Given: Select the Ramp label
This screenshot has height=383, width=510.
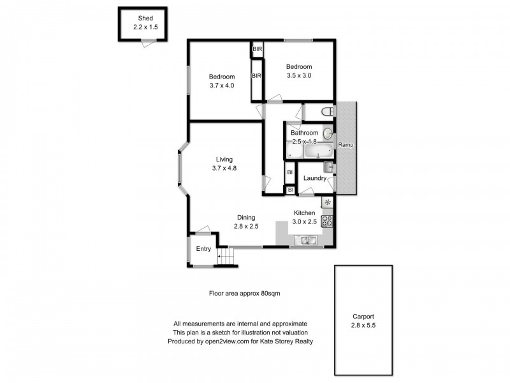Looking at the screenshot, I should pyautogui.click(x=346, y=145).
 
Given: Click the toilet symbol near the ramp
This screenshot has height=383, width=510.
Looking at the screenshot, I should pyautogui.click(x=327, y=112).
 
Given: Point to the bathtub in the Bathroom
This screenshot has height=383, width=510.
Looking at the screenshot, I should pyautogui.click(x=317, y=151).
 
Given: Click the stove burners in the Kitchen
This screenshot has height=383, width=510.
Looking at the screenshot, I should pyautogui.click(x=328, y=221).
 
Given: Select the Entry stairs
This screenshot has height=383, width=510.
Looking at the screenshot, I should pyautogui.click(x=227, y=258).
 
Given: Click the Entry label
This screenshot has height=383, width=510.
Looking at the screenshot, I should pyautogui.click(x=203, y=249).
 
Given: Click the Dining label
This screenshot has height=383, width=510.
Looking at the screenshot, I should pyautogui.click(x=246, y=217).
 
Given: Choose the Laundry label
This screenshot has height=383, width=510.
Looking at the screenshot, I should pyautogui.click(x=315, y=178).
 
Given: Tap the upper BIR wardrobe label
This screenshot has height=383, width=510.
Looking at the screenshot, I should pyautogui.click(x=258, y=49).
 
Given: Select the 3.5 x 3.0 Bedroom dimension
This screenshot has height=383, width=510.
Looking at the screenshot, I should pyautogui.click(x=298, y=76).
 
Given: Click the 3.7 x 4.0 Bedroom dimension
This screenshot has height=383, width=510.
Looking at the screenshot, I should pyautogui.click(x=222, y=86).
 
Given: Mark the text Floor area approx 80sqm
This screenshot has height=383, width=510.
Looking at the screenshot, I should pyautogui.click(x=245, y=294).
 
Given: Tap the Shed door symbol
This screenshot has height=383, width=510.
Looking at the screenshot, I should pyautogui.click(x=148, y=42).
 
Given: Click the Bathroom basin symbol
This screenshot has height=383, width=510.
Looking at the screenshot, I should pyautogui.click(x=327, y=134).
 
